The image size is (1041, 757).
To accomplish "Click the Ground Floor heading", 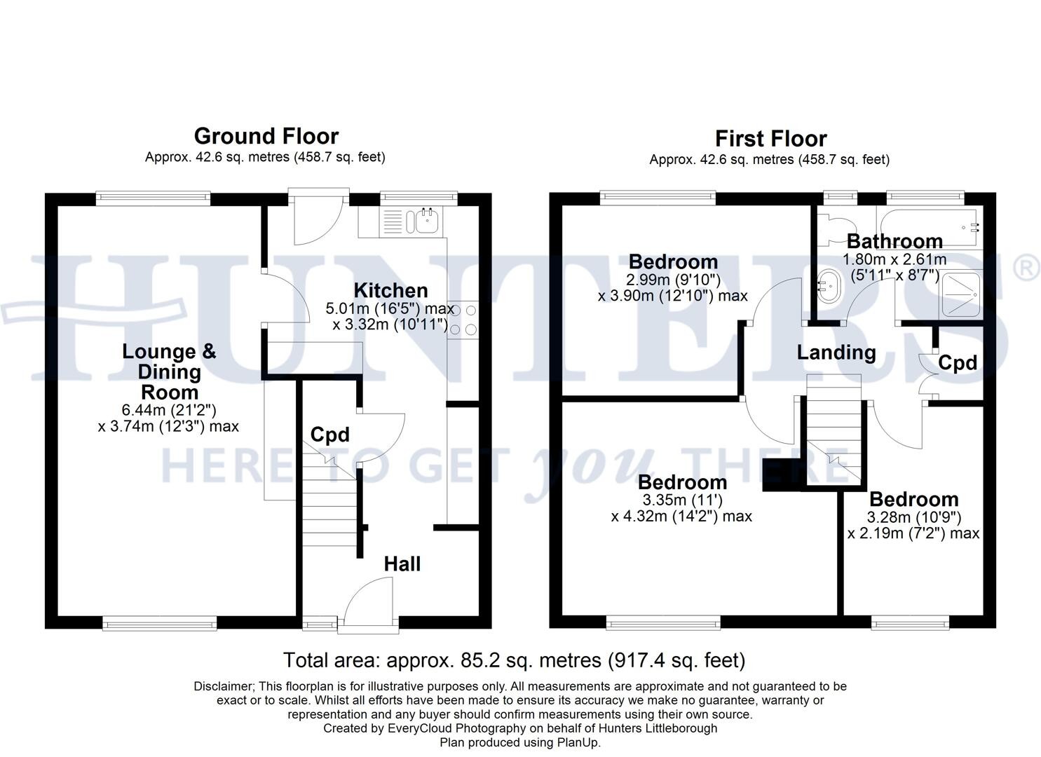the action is pyautogui.click(x=266, y=137).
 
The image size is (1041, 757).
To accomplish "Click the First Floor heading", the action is pyautogui.click(x=771, y=139).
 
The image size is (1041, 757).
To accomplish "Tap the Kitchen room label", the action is pyautogui.click(x=391, y=290).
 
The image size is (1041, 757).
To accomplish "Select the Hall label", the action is pyautogui.click(x=402, y=564).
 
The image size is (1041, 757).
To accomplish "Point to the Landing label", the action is pyautogui.click(x=836, y=353).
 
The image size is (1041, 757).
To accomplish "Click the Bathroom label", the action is pyautogui.click(x=894, y=241).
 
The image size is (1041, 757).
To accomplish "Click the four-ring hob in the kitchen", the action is pyautogui.click(x=463, y=319).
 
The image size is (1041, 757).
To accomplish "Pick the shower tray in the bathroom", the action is pyautogui.click(x=961, y=294).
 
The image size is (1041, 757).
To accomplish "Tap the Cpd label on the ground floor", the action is pyautogui.click(x=330, y=435).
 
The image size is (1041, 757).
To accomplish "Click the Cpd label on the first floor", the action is pyautogui.click(x=958, y=363).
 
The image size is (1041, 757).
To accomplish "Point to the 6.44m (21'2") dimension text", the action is pyautogui.click(x=169, y=410).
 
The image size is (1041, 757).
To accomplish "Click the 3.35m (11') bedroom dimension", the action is pyautogui.click(x=682, y=500).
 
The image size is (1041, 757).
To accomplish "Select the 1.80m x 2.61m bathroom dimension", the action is pyautogui.click(x=894, y=259).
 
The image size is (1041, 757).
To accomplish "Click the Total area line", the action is pyautogui.click(x=515, y=660).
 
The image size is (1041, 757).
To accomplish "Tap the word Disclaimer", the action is pyautogui.click(x=224, y=686).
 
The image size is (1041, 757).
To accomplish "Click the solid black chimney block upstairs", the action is pyautogui.click(x=782, y=475).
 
